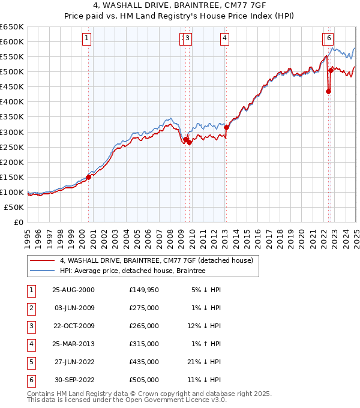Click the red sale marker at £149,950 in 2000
point(89,177)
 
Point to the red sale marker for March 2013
point(226,127)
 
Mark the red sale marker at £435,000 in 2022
point(328,91)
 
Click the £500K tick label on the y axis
point(12,72)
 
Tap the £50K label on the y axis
point(14,207)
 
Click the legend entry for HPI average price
point(133,271)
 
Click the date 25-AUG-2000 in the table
point(73,290)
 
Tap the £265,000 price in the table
point(144,326)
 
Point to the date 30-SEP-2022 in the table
point(73,380)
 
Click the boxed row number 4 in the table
point(31,344)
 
